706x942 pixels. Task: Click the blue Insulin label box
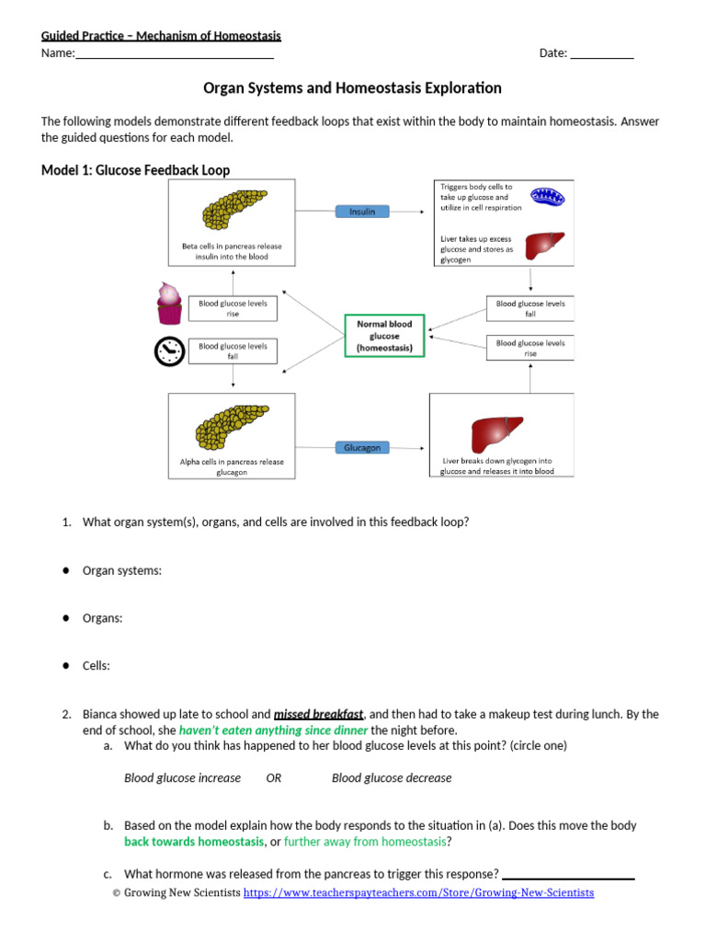click(x=362, y=212)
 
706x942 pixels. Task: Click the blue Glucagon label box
click(x=362, y=447)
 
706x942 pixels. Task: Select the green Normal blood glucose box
click(x=384, y=336)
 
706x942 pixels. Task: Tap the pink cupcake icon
click(x=168, y=304)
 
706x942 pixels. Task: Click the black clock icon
click(x=168, y=351)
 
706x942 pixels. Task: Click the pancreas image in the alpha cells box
click(x=232, y=425)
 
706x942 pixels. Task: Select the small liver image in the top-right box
click(x=544, y=247)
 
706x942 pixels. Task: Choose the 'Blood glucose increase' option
click(x=182, y=777)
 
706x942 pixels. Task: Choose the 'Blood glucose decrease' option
click(x=392, y=777)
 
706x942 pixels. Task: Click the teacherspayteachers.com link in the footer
click(x=418, y=892)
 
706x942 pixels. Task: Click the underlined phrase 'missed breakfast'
click(x=318, y=714)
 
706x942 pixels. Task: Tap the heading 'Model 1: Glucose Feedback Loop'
click(x=136, y=170)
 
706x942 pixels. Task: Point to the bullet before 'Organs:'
click(x=67, y=618)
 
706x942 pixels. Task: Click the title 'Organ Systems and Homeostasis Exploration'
click(x=352, y=88)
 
